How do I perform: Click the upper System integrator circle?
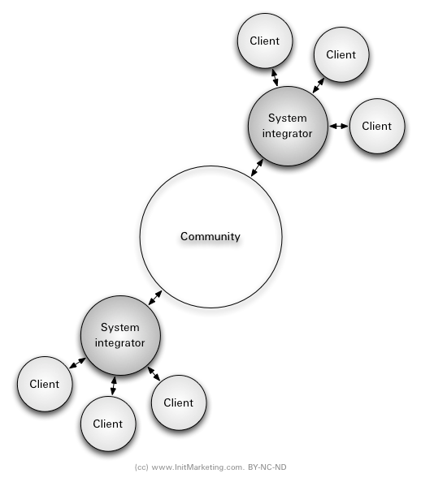click(288, 126)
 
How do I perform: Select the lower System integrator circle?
click(120, 335)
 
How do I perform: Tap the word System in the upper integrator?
click(288, 118)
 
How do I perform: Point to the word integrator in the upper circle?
click(287, 134)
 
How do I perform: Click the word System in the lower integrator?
click(120, 328)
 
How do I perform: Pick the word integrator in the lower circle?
click(120, 342)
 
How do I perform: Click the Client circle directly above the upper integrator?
click(265, 41)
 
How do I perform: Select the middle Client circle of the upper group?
click(341, 54)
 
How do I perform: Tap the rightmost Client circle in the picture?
click(377, 126)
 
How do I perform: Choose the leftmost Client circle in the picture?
click(45, 384)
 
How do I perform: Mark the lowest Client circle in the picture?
click(108, 424)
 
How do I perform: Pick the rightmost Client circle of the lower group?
click(179, 402)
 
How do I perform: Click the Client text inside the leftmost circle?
click(45, 384)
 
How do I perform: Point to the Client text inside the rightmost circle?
click(377, 126)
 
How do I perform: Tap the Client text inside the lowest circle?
click(108, 424)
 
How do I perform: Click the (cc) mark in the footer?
click(141, 467)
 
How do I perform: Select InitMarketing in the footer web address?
click(193, 467)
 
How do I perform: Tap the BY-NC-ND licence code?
click(267, 467)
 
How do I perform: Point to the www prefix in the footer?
click(160, 467)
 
